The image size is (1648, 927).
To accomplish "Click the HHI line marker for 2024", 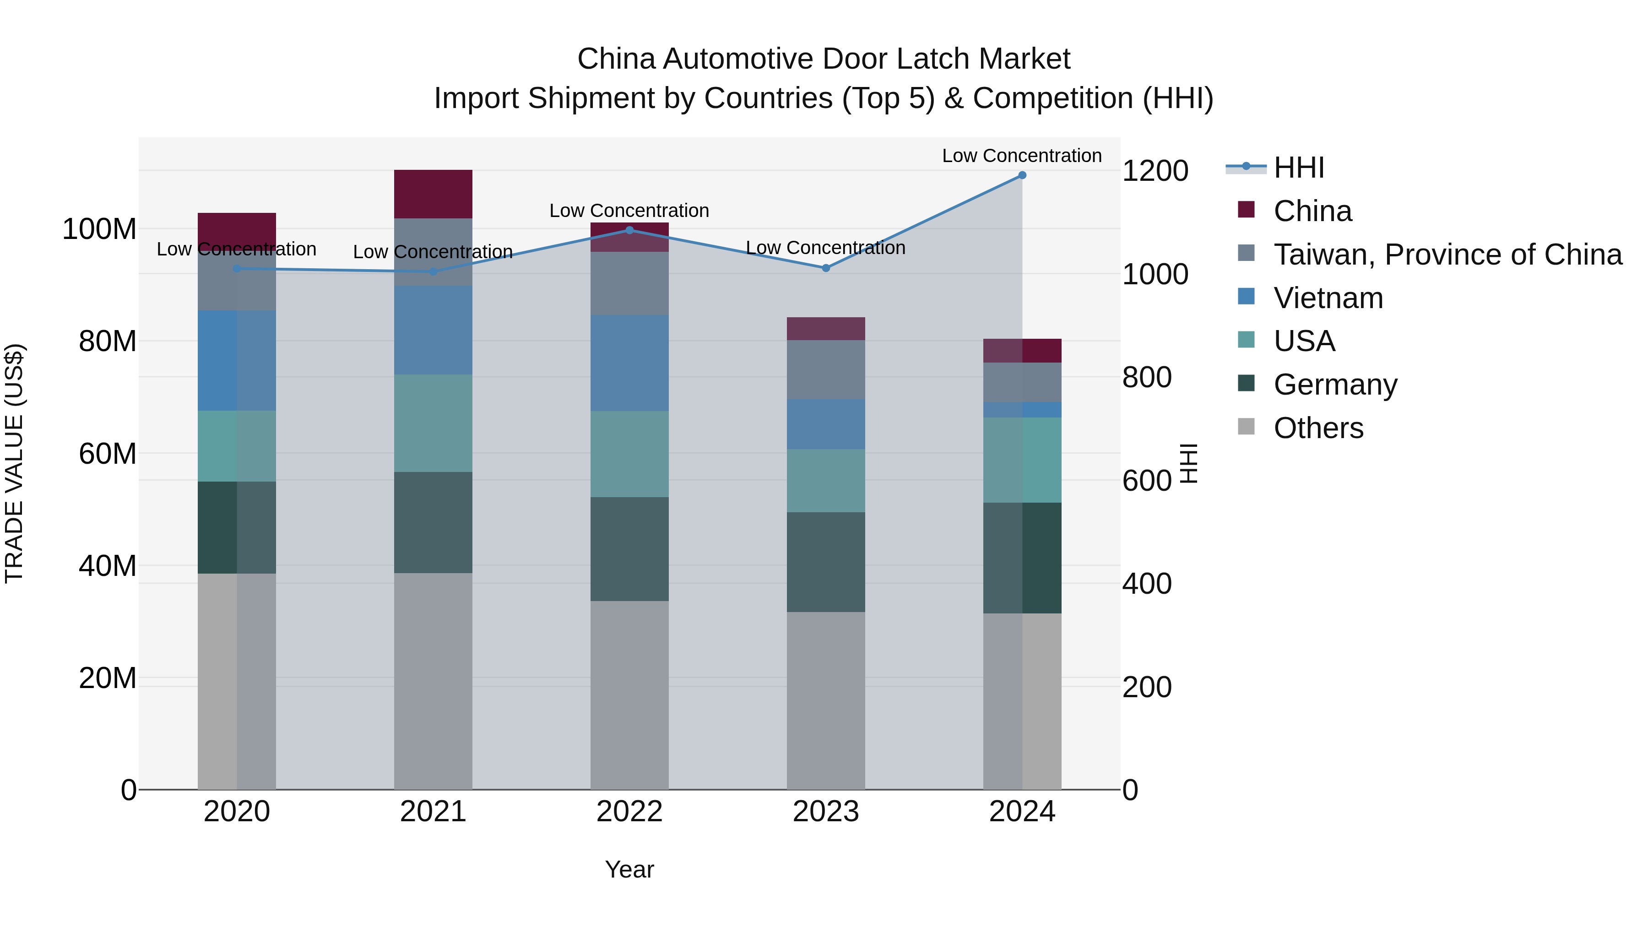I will point(1022,175).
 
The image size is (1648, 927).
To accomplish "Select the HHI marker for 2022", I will point(629,230).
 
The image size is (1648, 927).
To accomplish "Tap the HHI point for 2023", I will point(825,268).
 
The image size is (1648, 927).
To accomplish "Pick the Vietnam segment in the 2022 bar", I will point(629,363).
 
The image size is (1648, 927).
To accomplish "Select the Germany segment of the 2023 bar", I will point(825,562).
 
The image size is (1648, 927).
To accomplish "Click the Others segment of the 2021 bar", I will point(433,681).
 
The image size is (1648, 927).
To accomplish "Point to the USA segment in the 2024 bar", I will point(1022,460).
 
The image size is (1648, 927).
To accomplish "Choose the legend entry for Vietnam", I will point(1328,298).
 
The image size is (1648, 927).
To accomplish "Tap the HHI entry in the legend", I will point(1298,168).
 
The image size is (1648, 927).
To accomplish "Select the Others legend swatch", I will point(1246,427).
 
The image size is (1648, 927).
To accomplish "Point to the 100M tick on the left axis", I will point(99,229).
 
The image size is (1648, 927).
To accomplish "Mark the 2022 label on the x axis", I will point(629,812).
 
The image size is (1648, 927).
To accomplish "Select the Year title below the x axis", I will point(629,869).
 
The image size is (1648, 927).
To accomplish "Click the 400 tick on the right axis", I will point(1146,584).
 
